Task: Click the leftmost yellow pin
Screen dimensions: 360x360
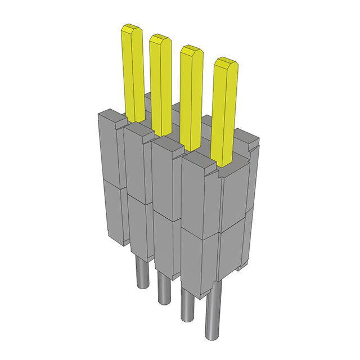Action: click(x=134, y=73)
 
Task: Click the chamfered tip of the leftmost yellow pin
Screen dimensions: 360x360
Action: click(x=132, y=28)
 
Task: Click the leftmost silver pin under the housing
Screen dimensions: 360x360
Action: click(x=142, y=273)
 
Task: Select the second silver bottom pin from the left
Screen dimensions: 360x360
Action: click(x=164, y=287)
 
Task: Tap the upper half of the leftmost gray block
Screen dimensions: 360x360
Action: click(x=110, y=149)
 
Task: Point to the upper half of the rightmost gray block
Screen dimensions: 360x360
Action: click(x=200, y=194)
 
